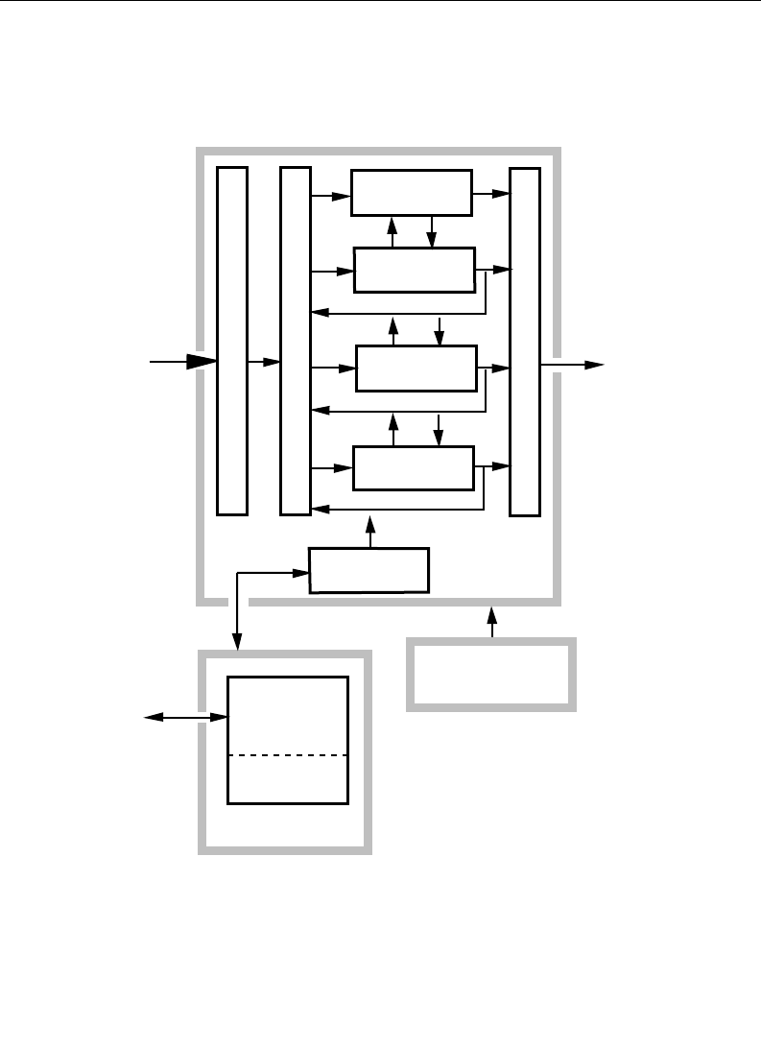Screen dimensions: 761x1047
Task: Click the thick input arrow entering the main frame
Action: (x=182, y=362)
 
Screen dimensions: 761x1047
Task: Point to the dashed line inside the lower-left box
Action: (x=287, y=755)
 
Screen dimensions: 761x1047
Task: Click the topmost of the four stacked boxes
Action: (x=412, y=193)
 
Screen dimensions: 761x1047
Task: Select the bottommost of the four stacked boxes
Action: (x=414, y=467)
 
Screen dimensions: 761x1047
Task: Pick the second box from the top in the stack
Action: (x=415, y=270)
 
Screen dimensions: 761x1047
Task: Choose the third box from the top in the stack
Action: (x=416, y=369)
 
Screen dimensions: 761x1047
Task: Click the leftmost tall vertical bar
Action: (x=232, y=341)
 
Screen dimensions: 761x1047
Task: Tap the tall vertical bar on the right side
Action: (x=525, y=341)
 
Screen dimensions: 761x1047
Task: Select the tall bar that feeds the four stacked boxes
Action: (x=296, y=341)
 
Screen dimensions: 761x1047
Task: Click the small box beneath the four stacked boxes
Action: (x=369, y=571)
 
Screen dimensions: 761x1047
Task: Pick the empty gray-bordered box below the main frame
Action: (x=491, y=674)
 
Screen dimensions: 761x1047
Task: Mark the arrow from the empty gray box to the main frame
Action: (x=492, y=621)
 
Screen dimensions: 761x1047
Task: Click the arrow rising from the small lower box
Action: (x=369, y=532)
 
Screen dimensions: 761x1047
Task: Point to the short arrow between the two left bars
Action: (x=263, y=363)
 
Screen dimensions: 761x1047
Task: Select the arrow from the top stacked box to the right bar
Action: (x=490, y=194)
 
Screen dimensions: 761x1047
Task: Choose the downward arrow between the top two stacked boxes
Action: (x=432, y=231)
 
